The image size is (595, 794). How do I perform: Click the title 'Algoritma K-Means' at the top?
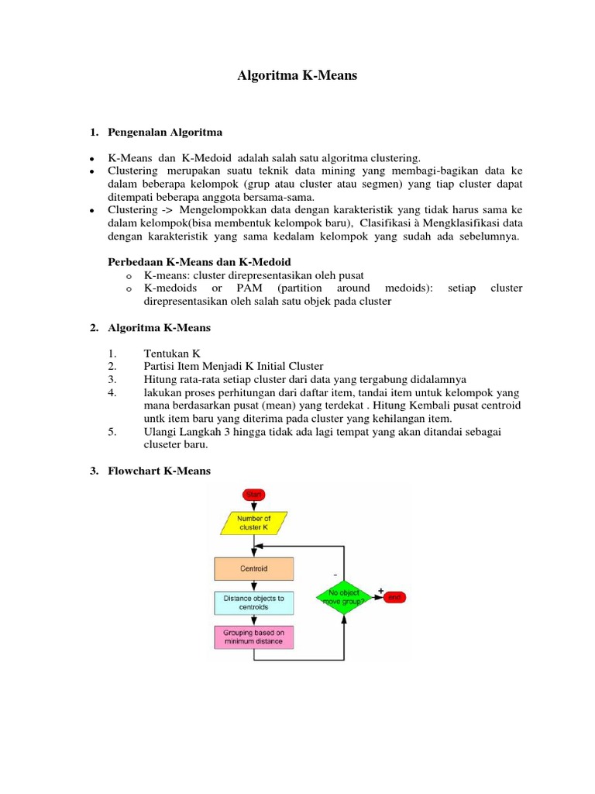click(x=297, y=77)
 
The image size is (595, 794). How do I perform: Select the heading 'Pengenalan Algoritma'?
click(x=164, y=132)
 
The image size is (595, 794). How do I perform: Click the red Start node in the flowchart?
click(x=253, y=494)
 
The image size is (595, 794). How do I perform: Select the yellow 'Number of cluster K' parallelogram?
click(x=254, y=523)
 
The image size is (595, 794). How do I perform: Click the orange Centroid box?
click(x=254, y=568)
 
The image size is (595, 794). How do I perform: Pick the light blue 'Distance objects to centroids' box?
click(x=254, y=602)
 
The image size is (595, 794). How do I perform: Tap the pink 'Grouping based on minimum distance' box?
click(x=254, y=637)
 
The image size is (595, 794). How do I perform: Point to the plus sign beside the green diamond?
click(x=380, y=591)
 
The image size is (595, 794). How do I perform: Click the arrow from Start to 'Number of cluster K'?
click(x=253, y=505)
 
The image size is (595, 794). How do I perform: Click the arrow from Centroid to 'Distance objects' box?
click(x=254, y=586)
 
